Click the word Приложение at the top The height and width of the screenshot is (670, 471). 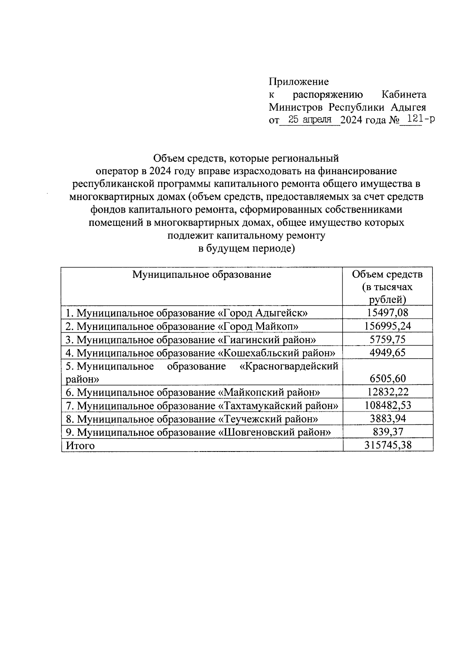(x=299, y=82)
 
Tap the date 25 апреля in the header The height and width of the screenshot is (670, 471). (x=310, y=120)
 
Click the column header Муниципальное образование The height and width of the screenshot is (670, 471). (x=202, y=274)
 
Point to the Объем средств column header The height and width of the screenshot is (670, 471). (x=387, y=287)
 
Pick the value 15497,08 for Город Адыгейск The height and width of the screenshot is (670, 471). (x=388, y=313)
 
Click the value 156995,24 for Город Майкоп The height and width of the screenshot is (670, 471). (x=388, y=326)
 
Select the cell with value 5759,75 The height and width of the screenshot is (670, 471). (x=388, y=339)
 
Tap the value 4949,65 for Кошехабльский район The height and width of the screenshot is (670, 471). (x=388, y=352)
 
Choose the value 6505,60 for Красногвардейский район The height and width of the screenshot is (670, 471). (x=388, y=379)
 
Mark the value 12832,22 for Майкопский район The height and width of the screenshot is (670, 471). (x=388, y=392)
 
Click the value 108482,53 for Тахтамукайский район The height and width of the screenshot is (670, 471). (x=388, y=405)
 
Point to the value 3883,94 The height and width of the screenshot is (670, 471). (x=388, y=419)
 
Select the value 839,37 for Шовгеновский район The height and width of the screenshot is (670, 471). (x=388, y=432)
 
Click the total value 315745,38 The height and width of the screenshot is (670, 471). (x=388, y=445)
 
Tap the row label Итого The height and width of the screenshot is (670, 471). (x=80, y=446)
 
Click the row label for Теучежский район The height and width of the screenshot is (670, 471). (x=192, y=419)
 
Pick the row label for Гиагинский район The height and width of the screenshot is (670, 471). (x=190, y=339)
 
